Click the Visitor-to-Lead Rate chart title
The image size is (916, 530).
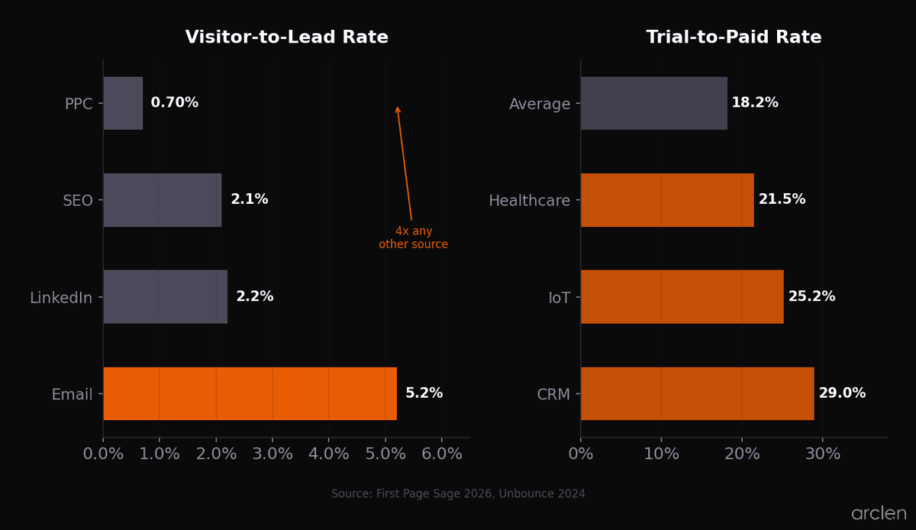click(286, 37)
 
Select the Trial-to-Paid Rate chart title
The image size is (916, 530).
click(734, 37)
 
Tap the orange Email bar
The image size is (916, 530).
click(250, 393)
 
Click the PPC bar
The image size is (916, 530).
click(123, 103)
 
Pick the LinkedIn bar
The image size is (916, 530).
click(165, 296)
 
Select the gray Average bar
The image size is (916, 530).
click(653, 103)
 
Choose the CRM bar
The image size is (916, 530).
click(697, 393)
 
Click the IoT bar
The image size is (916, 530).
click(682, 296)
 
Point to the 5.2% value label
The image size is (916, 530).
click(424, 393)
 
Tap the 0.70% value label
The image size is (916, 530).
click(174, 103)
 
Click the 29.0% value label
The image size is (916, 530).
click(842, 393)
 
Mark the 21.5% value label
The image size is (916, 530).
click(782, 199)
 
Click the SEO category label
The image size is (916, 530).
click(78, 201)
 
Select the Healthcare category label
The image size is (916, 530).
click(529, 201)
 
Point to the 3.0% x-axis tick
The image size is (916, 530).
click(273, 454)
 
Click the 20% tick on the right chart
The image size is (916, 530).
click(742, 454)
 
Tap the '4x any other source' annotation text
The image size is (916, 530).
click(413, 238)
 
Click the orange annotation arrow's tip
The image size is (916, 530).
click(397, 107)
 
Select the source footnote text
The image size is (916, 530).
click(458, 494)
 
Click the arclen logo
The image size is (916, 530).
click(879, 514)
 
